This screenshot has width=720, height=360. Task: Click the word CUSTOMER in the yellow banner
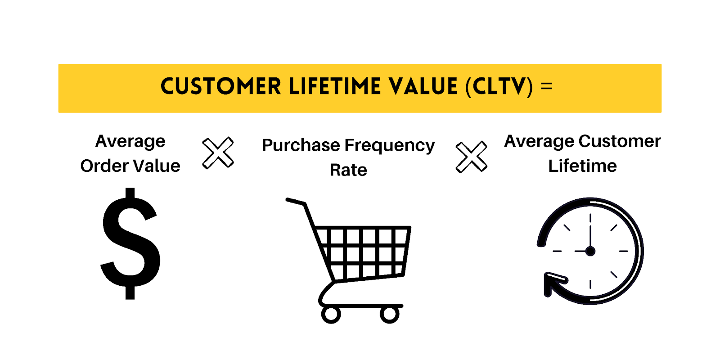pos(220,86)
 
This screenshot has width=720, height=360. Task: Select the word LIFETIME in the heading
pos(335,86)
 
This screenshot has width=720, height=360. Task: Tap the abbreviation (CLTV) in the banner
pos(499,86)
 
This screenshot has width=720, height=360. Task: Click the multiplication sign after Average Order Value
pos(218,153)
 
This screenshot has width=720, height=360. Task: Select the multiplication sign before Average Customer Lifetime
pos(471,157)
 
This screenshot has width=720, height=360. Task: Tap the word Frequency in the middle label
pos(389,145)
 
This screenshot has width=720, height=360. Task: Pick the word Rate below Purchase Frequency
pos(348,170)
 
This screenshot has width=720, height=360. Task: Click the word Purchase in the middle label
pos(301,145)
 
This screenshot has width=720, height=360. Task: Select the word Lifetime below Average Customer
pos(582,166)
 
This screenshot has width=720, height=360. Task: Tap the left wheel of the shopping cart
pos(331,315)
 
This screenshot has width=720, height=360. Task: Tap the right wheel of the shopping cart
pos(389,315)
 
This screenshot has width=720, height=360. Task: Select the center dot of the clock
pos(590,251)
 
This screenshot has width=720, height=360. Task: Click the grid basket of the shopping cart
pos(362,252)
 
